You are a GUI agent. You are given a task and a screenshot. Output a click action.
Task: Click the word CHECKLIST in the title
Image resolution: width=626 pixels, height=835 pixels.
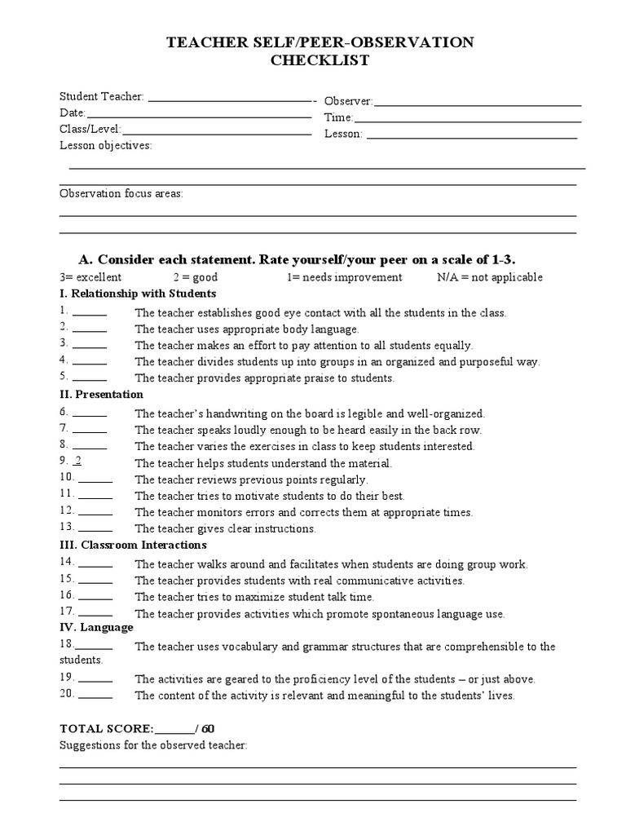point(314,60)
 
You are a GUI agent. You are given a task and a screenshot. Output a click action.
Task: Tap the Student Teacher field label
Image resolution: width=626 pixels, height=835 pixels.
point(101,97)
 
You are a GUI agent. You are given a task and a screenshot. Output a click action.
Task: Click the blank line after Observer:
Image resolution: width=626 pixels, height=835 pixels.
point(477,103)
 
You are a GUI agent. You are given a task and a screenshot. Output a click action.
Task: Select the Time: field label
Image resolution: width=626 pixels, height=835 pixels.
point(338,117)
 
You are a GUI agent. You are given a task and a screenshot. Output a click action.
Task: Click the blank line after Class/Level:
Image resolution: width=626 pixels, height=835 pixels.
point(217,130)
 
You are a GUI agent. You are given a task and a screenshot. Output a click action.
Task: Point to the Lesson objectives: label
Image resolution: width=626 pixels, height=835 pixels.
point(105,146)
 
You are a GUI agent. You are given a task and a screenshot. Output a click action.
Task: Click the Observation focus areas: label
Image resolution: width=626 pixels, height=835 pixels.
point(121,193)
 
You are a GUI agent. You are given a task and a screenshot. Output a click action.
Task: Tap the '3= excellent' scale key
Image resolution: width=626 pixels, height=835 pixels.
point(90,277)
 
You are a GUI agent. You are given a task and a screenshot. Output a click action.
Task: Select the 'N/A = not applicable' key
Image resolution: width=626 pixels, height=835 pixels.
point(489,277)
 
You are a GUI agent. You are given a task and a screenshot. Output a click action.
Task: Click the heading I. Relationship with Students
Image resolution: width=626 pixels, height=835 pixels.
point(138,294)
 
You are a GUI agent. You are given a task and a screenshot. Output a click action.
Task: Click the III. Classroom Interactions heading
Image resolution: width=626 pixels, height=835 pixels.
point(133,545)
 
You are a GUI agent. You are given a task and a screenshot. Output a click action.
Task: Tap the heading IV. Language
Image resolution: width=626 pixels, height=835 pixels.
point(96,628)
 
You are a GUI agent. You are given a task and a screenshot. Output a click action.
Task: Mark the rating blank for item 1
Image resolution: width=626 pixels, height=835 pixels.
point(90,312)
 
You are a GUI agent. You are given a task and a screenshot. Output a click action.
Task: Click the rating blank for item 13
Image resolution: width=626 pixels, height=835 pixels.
point(96,528)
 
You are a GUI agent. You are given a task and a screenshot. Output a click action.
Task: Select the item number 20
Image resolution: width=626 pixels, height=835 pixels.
point(67,694)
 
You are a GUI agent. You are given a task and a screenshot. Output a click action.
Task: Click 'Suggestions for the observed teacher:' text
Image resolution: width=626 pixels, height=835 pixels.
point(153,745)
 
